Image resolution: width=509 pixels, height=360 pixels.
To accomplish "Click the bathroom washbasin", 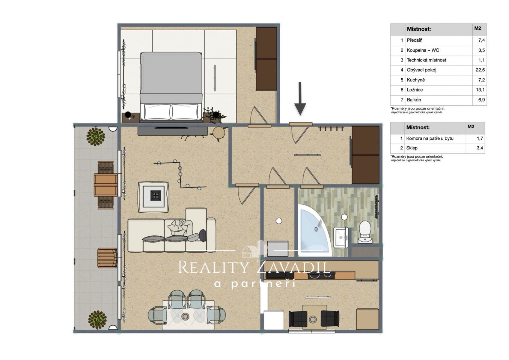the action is coord(341,237).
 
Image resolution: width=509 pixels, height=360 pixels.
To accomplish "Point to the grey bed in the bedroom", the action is coord(171,86).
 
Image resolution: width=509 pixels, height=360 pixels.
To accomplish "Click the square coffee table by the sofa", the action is coord(154,197).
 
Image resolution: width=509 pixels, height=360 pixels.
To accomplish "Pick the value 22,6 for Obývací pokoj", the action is coord(480,70).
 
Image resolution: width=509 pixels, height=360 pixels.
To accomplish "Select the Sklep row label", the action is coord(412,148).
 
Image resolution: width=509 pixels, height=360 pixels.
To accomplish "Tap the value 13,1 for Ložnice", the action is coord(480,90).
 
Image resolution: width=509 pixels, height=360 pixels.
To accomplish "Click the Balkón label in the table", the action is coord(414,100).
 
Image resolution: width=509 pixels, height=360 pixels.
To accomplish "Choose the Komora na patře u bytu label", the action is coord(430,138).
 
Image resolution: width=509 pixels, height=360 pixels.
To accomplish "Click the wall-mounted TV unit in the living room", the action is coord(172,131).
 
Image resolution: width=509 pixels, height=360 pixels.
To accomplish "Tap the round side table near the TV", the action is coord(219,132).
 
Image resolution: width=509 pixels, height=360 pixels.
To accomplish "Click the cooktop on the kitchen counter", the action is coord(321,275).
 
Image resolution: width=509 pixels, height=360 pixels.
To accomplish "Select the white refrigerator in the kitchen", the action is coord(274,320).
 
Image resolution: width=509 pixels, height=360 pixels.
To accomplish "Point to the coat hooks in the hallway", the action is coord(331,129).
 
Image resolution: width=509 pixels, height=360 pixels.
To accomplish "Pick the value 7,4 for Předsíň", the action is coord(481,40).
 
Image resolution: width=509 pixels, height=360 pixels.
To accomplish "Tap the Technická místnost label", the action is coord(426,60).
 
